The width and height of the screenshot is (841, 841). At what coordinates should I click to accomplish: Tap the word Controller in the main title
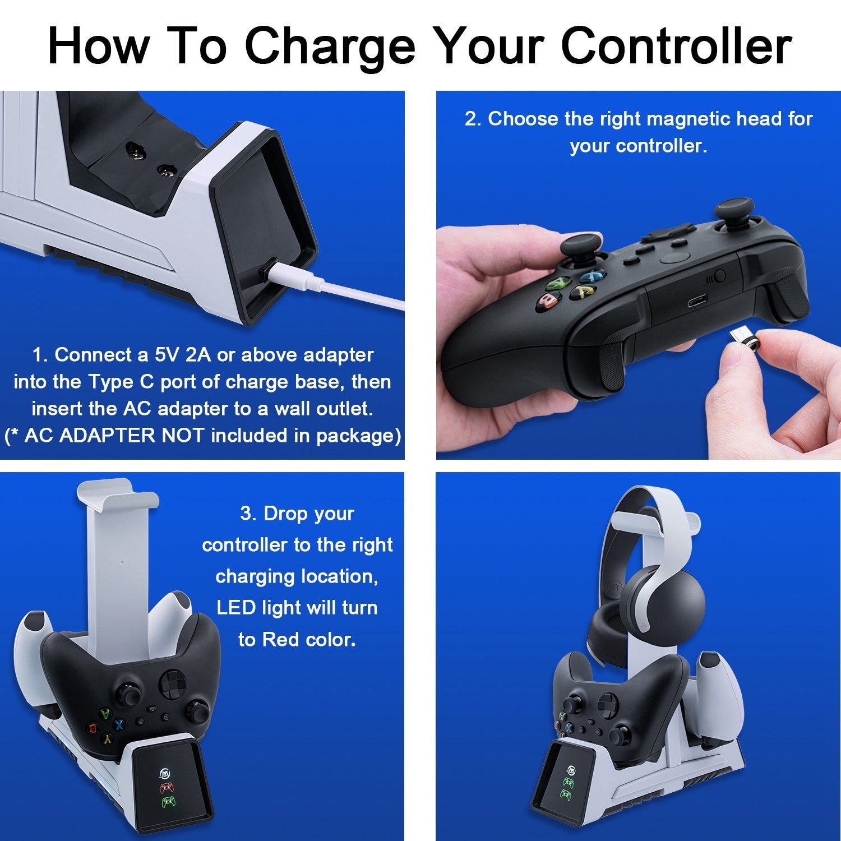click(676, 45)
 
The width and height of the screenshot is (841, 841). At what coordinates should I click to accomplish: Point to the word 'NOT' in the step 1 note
click(182, 436)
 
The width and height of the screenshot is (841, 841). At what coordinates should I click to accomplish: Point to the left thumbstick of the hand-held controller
click(581, 247)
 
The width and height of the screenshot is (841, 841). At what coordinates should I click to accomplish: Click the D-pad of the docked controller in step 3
click(170, 682)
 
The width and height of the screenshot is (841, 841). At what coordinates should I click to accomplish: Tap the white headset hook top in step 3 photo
click(118, 493)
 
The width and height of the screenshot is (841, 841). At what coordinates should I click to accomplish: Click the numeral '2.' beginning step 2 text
click(473, 119)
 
